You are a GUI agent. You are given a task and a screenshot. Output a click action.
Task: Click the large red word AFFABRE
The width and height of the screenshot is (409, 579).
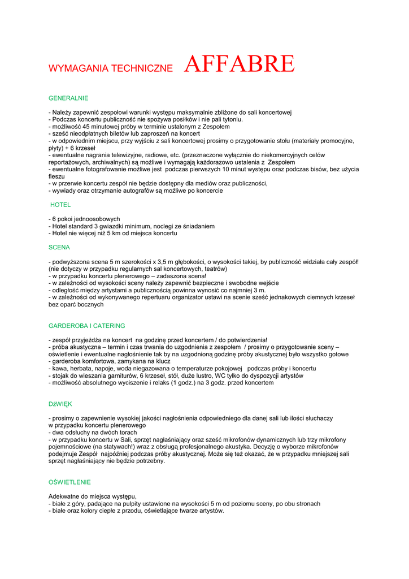[x=239, y=64]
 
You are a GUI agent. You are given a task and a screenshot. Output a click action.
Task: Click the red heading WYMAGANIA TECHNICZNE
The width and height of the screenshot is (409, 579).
[x=111, y=68]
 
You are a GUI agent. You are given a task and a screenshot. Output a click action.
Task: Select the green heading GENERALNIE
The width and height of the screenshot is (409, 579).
[x=68, y=98]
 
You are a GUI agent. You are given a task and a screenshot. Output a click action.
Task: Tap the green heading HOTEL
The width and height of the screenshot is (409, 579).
[x=60, y=205]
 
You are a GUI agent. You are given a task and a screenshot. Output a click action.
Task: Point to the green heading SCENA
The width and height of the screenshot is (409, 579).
[x=59, y=247]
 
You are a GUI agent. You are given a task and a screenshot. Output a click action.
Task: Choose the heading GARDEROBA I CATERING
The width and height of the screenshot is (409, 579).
[x=87, y=326]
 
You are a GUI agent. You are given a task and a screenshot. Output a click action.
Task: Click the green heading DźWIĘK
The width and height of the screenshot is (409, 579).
[x=60, y=404]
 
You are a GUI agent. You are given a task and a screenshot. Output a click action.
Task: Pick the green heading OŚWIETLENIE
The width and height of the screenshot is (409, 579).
[x=69, y=482]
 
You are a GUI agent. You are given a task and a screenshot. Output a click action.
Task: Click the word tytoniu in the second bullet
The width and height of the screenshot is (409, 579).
[x=230, y=119]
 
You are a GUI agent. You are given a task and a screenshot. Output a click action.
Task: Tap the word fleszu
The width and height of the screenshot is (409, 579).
[x=57, y=176]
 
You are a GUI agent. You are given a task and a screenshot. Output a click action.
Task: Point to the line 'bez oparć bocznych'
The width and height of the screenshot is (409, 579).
[x=76, y=304]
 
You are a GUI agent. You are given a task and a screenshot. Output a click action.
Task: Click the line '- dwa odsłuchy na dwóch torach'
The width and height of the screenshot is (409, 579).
[x=93, y=432]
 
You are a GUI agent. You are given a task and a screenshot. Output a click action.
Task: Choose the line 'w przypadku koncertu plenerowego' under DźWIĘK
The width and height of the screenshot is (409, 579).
[x=97, y=425]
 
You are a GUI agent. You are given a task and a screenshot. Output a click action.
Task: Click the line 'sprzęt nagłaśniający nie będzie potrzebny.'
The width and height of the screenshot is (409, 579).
[x=107, y=460]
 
